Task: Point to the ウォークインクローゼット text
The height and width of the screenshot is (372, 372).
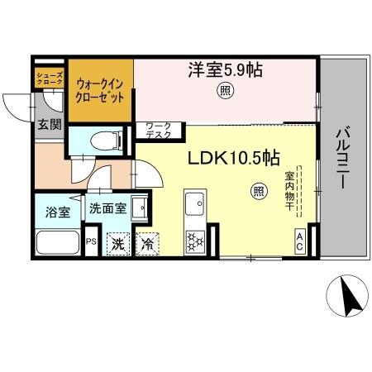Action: (101, 89)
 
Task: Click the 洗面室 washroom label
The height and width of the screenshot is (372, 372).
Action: (108, 208)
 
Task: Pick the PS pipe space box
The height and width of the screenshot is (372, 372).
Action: (91, 243)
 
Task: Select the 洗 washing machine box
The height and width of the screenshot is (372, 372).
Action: (118, 244)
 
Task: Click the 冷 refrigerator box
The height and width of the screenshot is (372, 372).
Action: (147, 244)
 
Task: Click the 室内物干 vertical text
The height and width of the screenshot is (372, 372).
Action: (290, 191)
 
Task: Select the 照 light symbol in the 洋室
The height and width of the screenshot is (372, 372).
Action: (224, 92)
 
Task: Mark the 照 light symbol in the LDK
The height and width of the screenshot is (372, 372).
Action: (258, 192)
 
